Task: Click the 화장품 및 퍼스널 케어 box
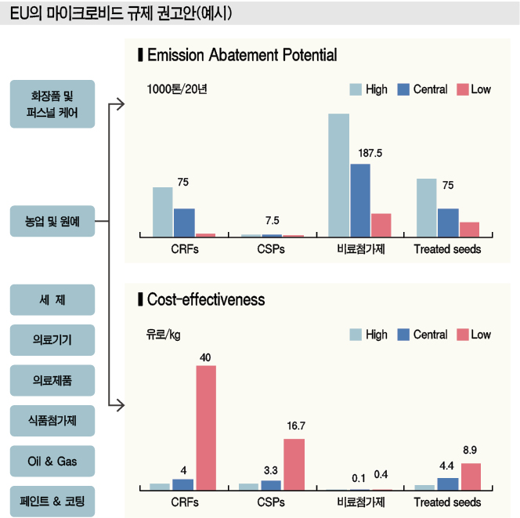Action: [x=52, y=104]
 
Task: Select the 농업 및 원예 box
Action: [x=52, y=222]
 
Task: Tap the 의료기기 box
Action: [x=52, y=340]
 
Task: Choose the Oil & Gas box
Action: [x=52, y=459]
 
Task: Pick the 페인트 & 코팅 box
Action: [x=52, y=499]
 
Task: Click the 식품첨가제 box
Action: [x=52, y=420]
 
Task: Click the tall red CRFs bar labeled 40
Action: [x=205, y=427]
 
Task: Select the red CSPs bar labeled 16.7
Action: [x=294, y=464]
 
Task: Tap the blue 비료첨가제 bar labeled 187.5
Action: [x=359, y=200]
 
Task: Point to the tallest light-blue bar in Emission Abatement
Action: [x=338, y=175]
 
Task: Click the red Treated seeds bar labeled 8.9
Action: [x=470, y=476]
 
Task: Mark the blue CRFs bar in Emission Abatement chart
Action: [x=184, y=222]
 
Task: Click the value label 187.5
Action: [x=369, y=153]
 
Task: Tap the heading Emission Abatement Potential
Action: [x=241, y=56]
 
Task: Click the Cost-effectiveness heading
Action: [x=206, y=300]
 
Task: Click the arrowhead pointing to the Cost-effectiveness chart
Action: [x=121, y=405]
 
